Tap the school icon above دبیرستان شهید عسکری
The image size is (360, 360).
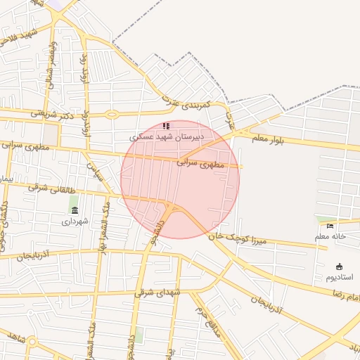click(x=166, y=125)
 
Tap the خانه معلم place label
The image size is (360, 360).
click(x=330, y=236)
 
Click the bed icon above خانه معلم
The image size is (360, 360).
click(x=330, y=226)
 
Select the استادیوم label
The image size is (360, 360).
click(x=340, y=277)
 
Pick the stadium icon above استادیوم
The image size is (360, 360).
click(x=340, y=266)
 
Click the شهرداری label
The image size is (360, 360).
click(x=75, y=221)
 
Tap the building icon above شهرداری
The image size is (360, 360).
click(x=75, y=210)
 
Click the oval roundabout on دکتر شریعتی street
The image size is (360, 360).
click(x=112, y=114)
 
